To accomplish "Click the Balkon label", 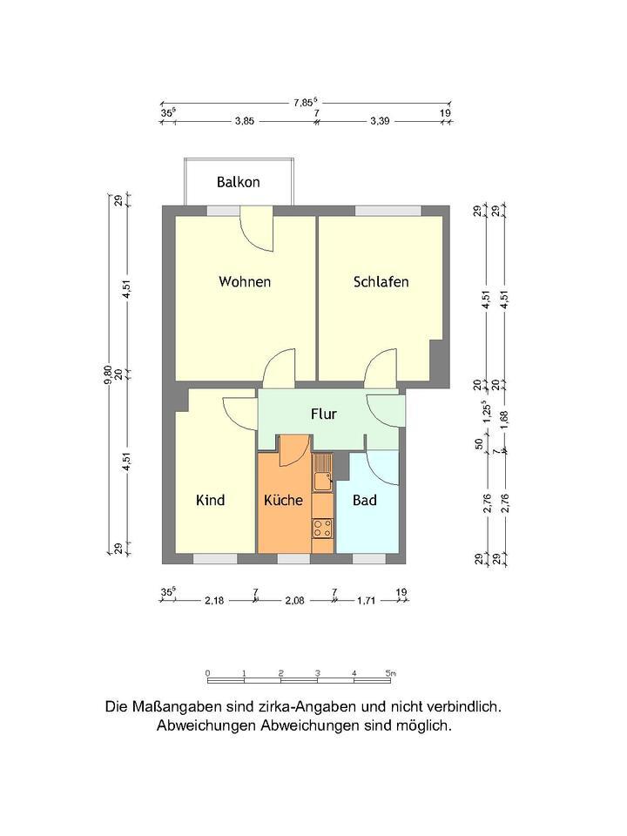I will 238,182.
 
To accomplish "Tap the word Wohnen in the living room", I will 245,281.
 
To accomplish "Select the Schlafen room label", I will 381,281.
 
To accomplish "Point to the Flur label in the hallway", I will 323,414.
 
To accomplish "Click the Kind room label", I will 210,500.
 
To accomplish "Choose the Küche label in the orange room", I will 283,500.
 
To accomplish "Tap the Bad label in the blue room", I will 364,500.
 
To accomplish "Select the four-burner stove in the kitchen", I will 322,526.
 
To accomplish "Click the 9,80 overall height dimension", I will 108,374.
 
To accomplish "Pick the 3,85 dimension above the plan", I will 244,122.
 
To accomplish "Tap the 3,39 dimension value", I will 380,122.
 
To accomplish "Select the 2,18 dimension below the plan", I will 214,600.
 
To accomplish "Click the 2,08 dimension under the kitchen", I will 294,600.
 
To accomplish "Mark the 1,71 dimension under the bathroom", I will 367,600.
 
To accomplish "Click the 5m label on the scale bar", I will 391,672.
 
